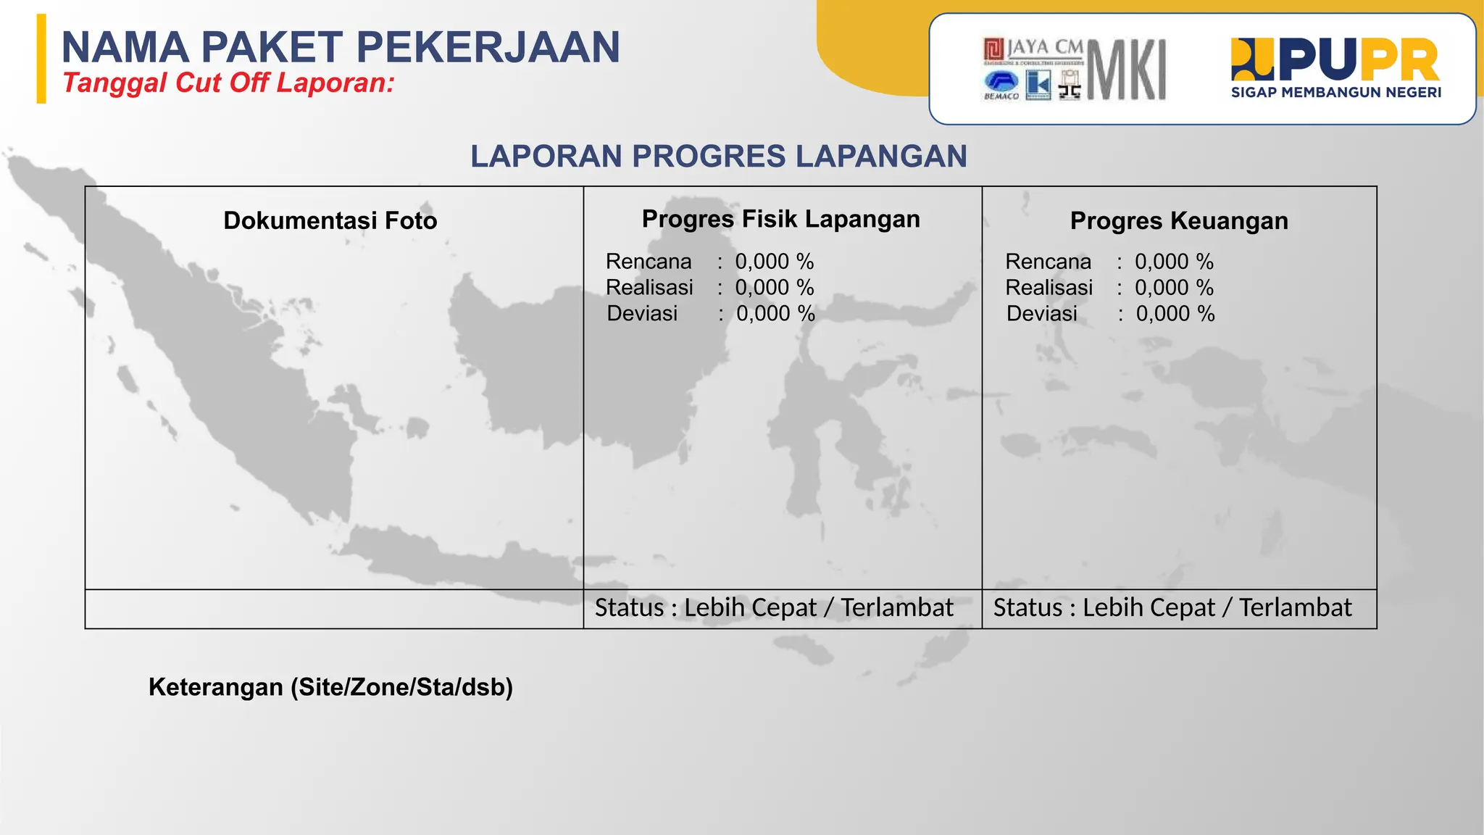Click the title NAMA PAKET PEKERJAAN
point(341,48)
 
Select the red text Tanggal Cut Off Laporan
point(228,83)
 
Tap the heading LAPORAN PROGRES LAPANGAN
point(718,157)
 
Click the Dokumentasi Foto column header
point(330,220)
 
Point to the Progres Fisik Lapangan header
point(780,219)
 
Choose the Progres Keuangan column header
point(1179,221)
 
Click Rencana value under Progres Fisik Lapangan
point(774,262)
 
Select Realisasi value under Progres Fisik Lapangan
point(774,288)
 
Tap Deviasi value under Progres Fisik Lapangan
point(775,314)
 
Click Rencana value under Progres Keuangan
point(1174,262)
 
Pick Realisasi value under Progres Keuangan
point(1174,288)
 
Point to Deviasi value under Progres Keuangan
point(1175,314)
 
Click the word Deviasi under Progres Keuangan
point(1041,314)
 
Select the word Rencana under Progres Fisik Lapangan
point(649,262)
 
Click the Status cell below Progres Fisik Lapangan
point(774,608)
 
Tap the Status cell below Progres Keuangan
point(1172,608)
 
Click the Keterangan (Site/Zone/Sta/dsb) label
point(330,687)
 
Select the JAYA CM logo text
point(1044,48)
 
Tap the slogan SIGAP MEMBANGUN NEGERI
point(1335,93)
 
